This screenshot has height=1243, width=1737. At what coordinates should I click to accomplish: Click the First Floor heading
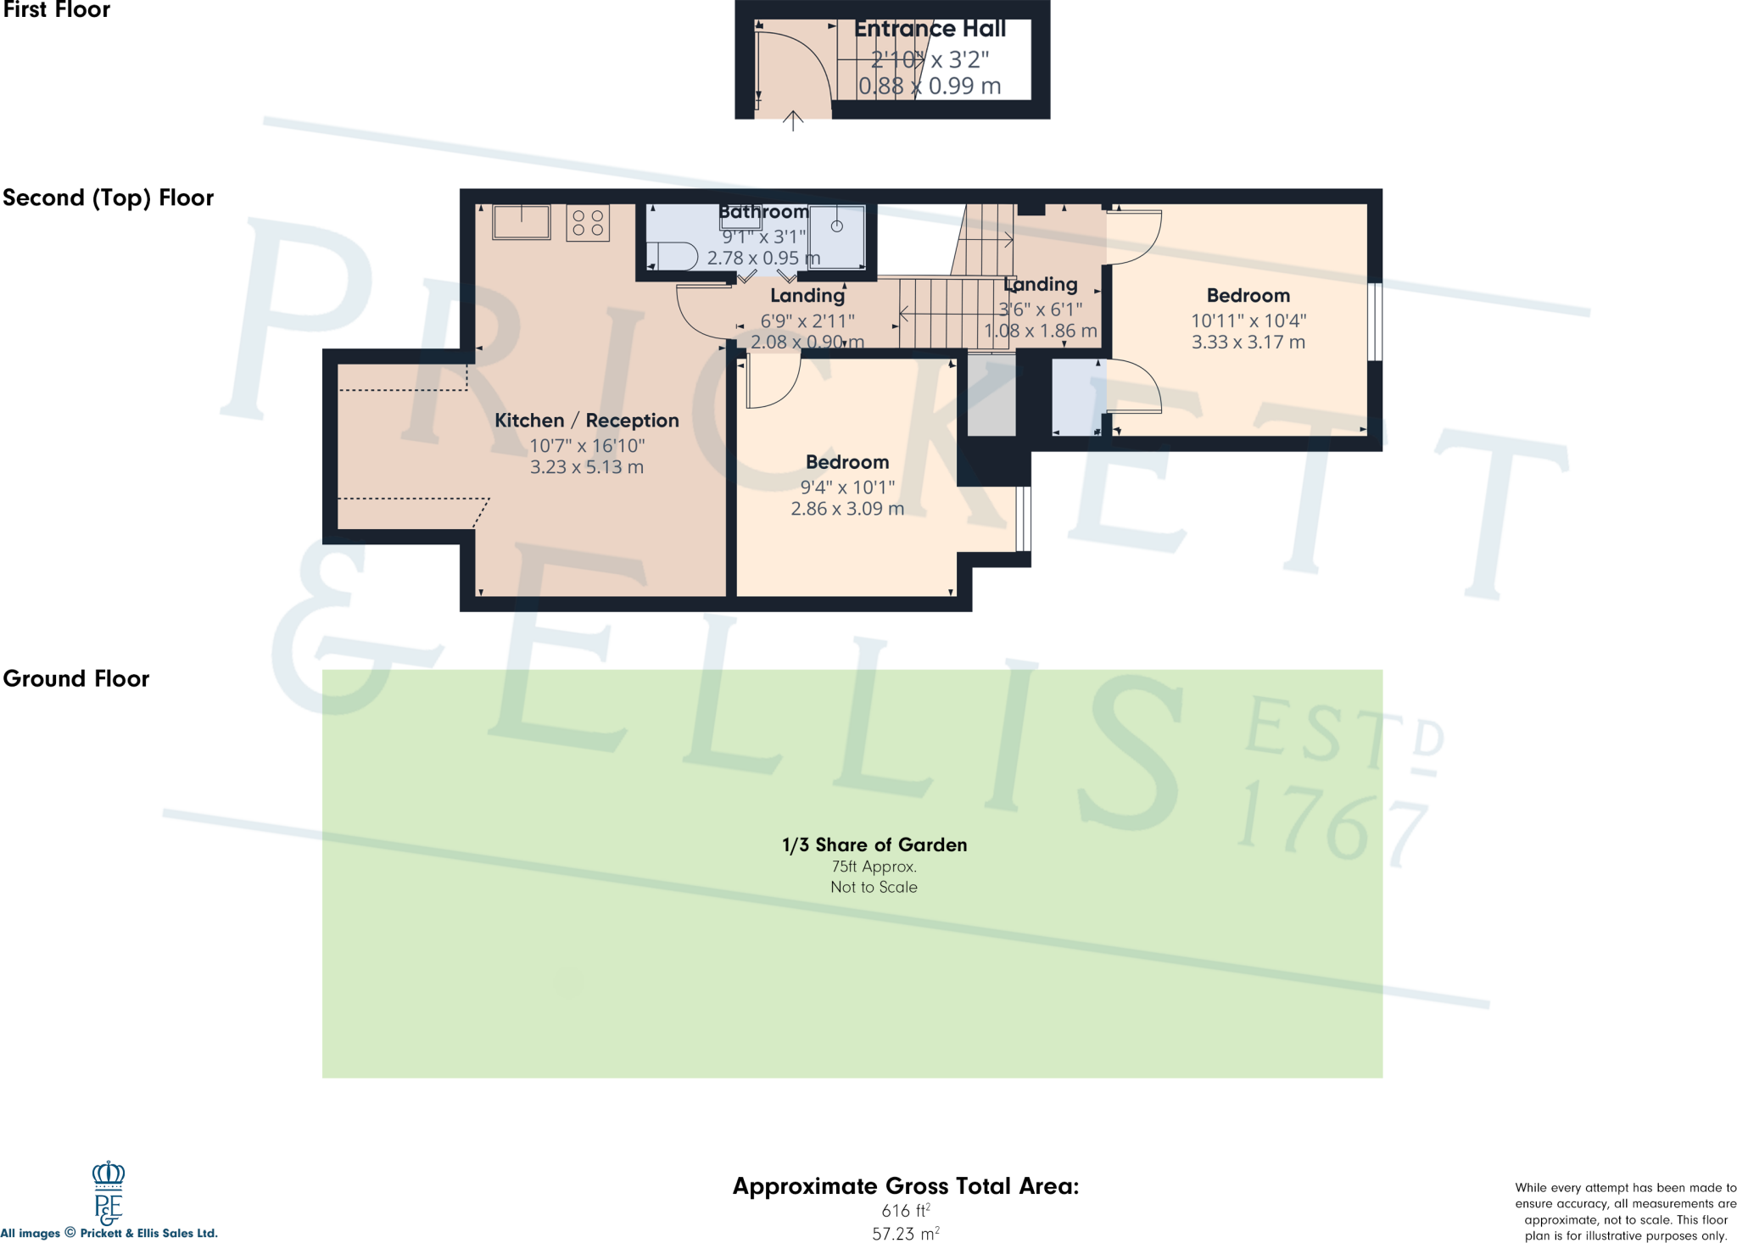click(56, 10)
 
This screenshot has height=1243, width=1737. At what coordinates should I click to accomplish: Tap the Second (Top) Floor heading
click(108, 198)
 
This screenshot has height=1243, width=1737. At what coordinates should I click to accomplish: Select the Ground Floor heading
click(75, 678)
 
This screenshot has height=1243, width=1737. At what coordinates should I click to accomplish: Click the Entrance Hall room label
click(930, 29)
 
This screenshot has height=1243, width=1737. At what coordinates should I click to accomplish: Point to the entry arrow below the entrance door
click(792, 121)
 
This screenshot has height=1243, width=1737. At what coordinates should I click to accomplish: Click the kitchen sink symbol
click(521, 222)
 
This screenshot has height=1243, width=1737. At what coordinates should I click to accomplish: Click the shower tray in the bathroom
click(836, 236)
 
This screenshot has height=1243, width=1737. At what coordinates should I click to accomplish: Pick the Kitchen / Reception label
click(586, 421)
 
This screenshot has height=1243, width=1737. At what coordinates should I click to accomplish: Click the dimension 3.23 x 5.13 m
click(586, 467)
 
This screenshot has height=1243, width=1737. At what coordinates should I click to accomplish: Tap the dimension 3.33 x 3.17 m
click(1248, 343)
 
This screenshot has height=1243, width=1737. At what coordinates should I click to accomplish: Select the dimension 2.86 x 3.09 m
click(846, 509)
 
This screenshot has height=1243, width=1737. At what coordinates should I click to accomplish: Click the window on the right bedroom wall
click(1375, 321)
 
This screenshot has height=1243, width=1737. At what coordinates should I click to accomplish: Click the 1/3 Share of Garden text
click(874, 844)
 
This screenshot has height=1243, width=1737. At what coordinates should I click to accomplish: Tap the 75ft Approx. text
click(874, 867)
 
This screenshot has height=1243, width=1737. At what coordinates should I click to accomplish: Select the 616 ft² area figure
click(905, 1211)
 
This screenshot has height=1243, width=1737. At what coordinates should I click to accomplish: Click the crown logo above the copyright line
click(108, 1174)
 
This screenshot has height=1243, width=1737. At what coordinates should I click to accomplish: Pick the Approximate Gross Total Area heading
click(905, 1186)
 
